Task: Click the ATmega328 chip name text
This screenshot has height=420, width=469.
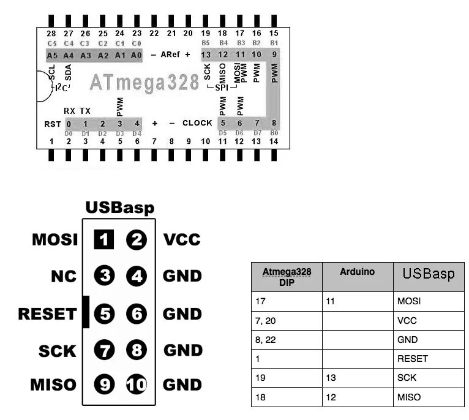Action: (144, 83)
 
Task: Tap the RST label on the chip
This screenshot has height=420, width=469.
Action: (52, 124)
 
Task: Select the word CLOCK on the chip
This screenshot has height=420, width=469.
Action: (197, 123)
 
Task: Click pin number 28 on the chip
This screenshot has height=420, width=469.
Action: (51, 33)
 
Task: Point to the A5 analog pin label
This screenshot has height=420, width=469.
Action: (52, 55)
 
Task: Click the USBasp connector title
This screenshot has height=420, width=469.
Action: (120, 208)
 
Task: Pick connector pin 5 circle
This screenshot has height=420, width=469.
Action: (105, 314)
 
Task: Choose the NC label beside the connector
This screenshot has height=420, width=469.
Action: (63, 277)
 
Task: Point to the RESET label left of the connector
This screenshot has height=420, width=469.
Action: (47, 315)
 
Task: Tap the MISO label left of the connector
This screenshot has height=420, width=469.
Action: (53, 384)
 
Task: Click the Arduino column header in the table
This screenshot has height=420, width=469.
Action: (357, 271)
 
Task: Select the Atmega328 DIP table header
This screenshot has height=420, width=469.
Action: (287, 276)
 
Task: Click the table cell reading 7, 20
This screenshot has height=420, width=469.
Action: (266, 320)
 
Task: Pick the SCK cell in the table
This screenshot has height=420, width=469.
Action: (407, 378)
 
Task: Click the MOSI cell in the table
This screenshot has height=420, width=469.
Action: (408, 301)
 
